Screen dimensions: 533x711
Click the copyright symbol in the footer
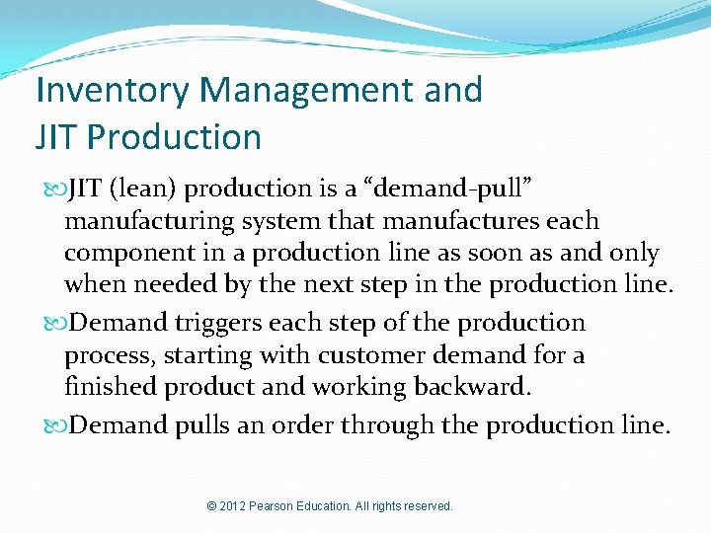[211, 506]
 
